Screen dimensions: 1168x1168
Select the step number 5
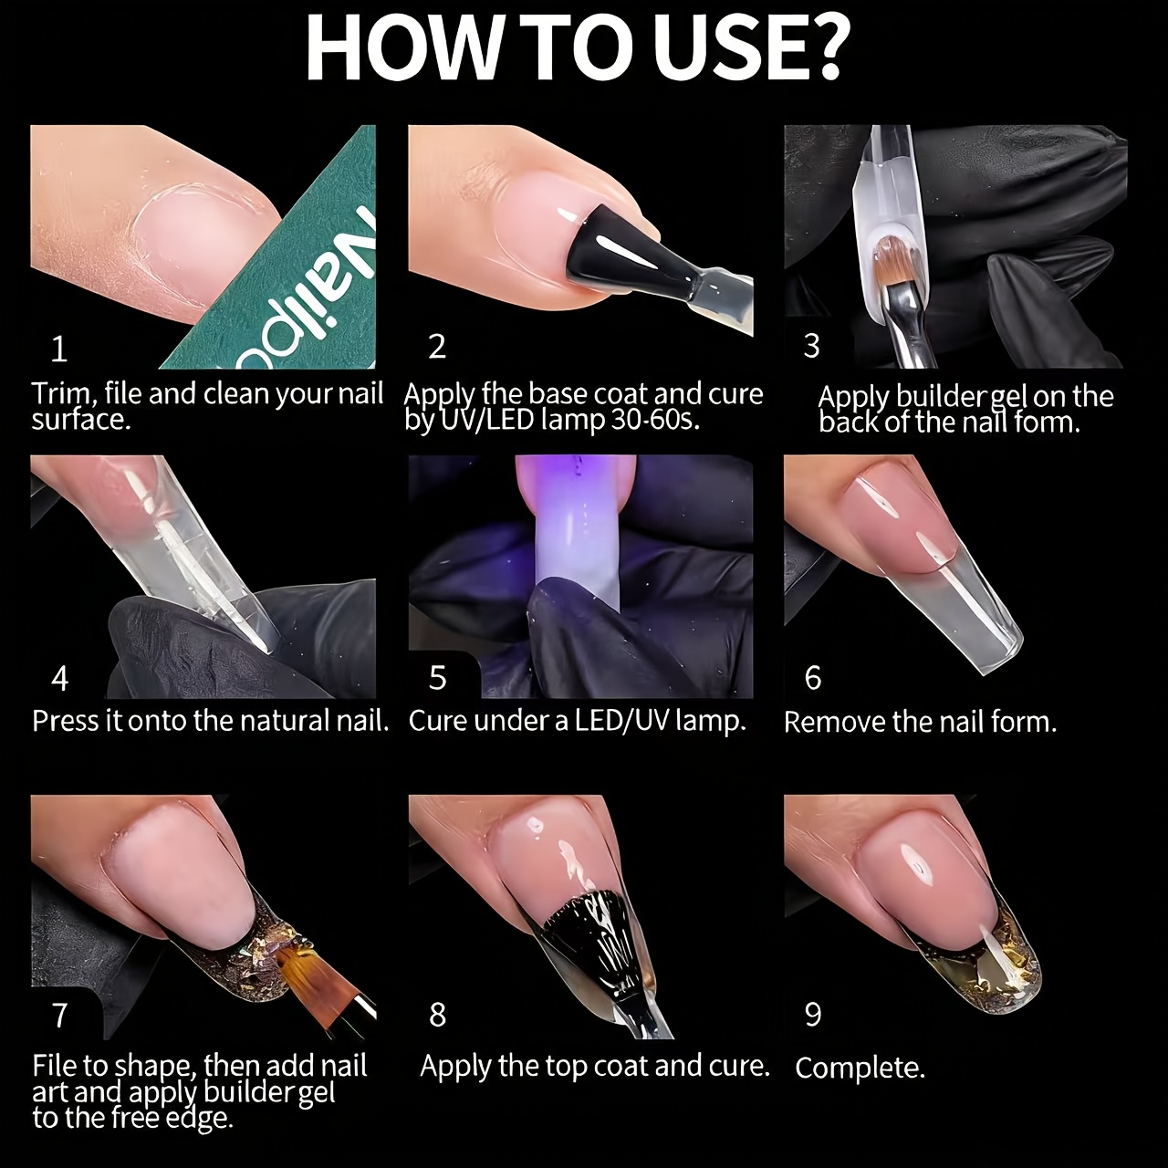[x=437, y=677]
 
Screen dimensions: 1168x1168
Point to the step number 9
[x=813, y=1014]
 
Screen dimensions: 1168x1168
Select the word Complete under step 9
[x=860, y=1084]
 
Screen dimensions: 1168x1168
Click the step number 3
[x=811, y=346]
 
